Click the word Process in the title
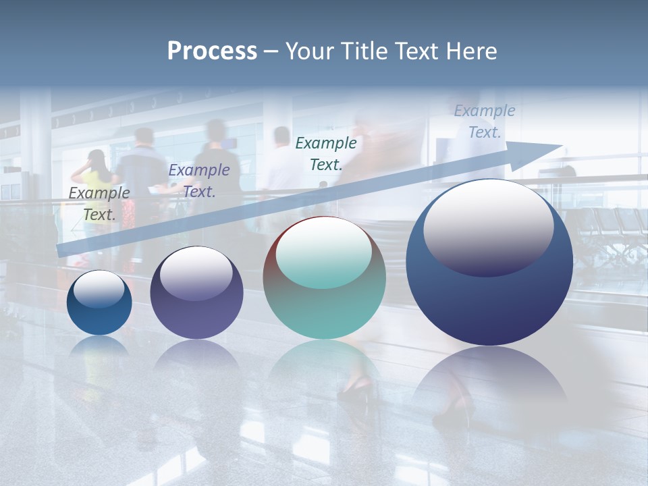212,51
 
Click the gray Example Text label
99,203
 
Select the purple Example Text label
198,181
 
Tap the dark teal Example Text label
326,153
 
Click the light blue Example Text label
485,122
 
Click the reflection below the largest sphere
489,381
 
